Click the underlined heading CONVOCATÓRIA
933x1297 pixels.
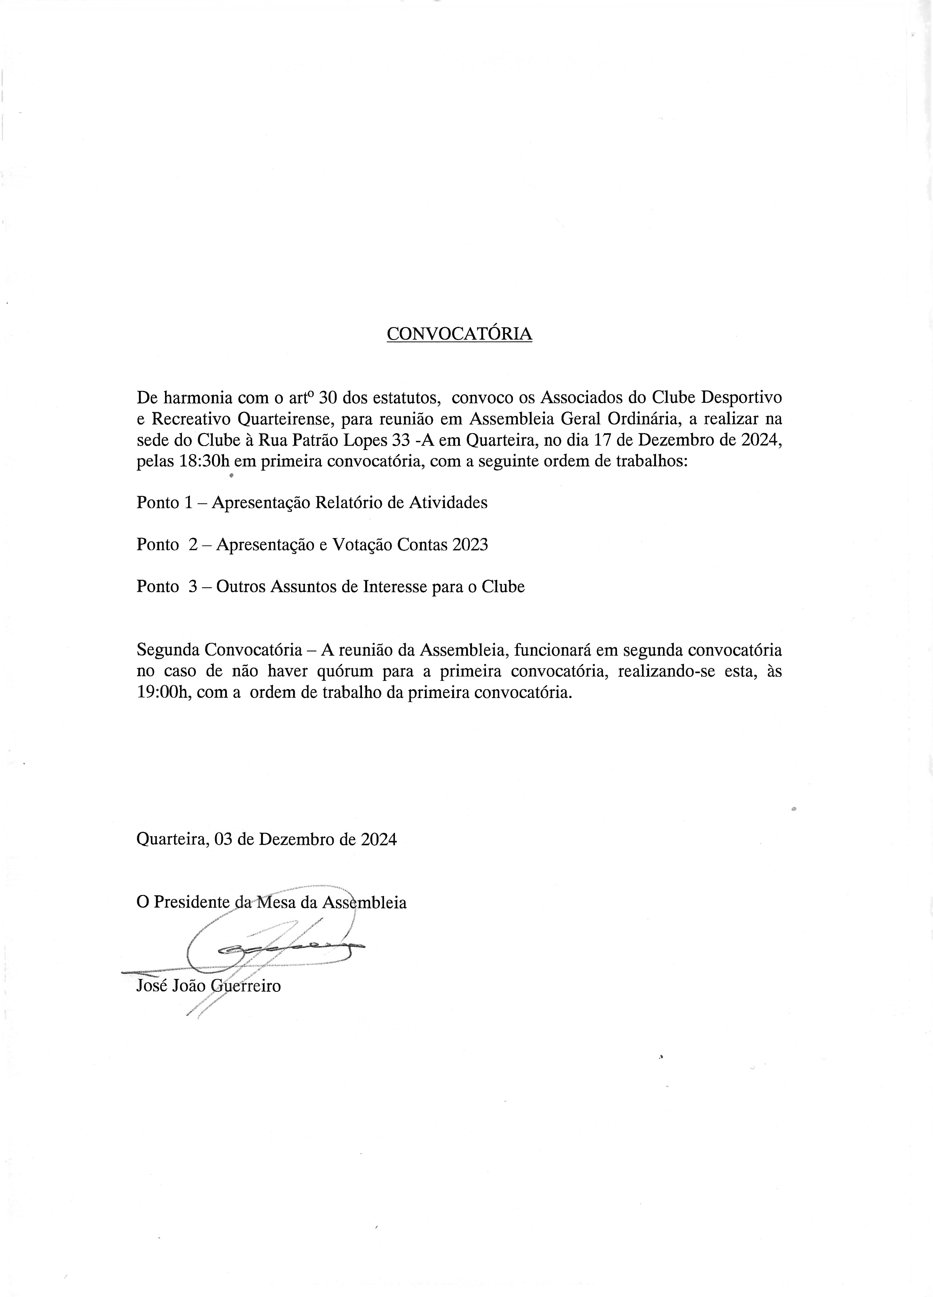[459, 334]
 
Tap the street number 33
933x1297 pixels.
[395, 440]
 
